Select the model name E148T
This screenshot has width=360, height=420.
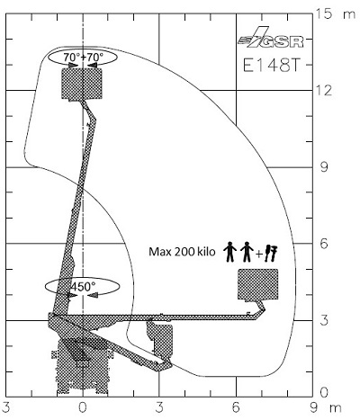coord(271,65)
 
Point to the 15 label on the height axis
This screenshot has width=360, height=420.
coord(324,13)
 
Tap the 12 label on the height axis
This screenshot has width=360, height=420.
coord(324,90)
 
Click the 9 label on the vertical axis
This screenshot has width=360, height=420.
coord(324,167)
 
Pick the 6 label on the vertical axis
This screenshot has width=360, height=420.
coord(324,244)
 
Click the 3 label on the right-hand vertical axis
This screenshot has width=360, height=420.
coord(324,320)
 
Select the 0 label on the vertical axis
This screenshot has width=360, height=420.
coord(324,392)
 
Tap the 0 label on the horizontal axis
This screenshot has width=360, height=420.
coord(83,407)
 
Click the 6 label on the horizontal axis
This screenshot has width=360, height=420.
coord(236,407)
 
